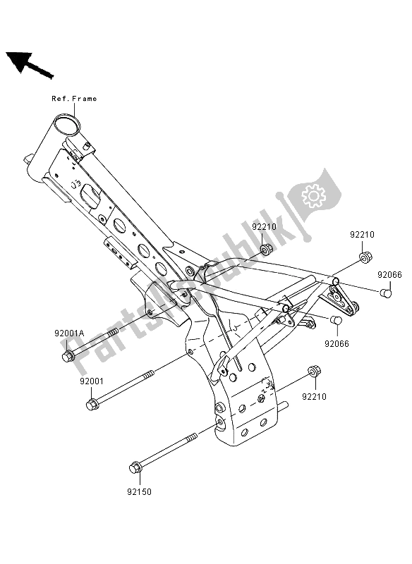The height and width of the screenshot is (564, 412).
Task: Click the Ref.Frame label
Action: click(x=74, y=99)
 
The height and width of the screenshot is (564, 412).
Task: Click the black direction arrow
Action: click(x=28, y=64)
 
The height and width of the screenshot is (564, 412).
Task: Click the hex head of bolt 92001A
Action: click(x=68, y=357)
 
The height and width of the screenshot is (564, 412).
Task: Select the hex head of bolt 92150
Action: click(x=135, y=466)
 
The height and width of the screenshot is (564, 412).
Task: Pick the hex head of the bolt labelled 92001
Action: click(x=92, y=404)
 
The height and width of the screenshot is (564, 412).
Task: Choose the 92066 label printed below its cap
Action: click(x=337, y=345)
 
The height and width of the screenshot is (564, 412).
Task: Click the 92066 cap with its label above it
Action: click(x=386, y=292)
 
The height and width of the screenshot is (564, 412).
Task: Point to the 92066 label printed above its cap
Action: click(x=389, y=274)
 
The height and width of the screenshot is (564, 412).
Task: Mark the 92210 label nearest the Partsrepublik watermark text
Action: click(x=265, y=227)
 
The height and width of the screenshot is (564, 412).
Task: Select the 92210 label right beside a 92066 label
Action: click(x=361, y=234)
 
